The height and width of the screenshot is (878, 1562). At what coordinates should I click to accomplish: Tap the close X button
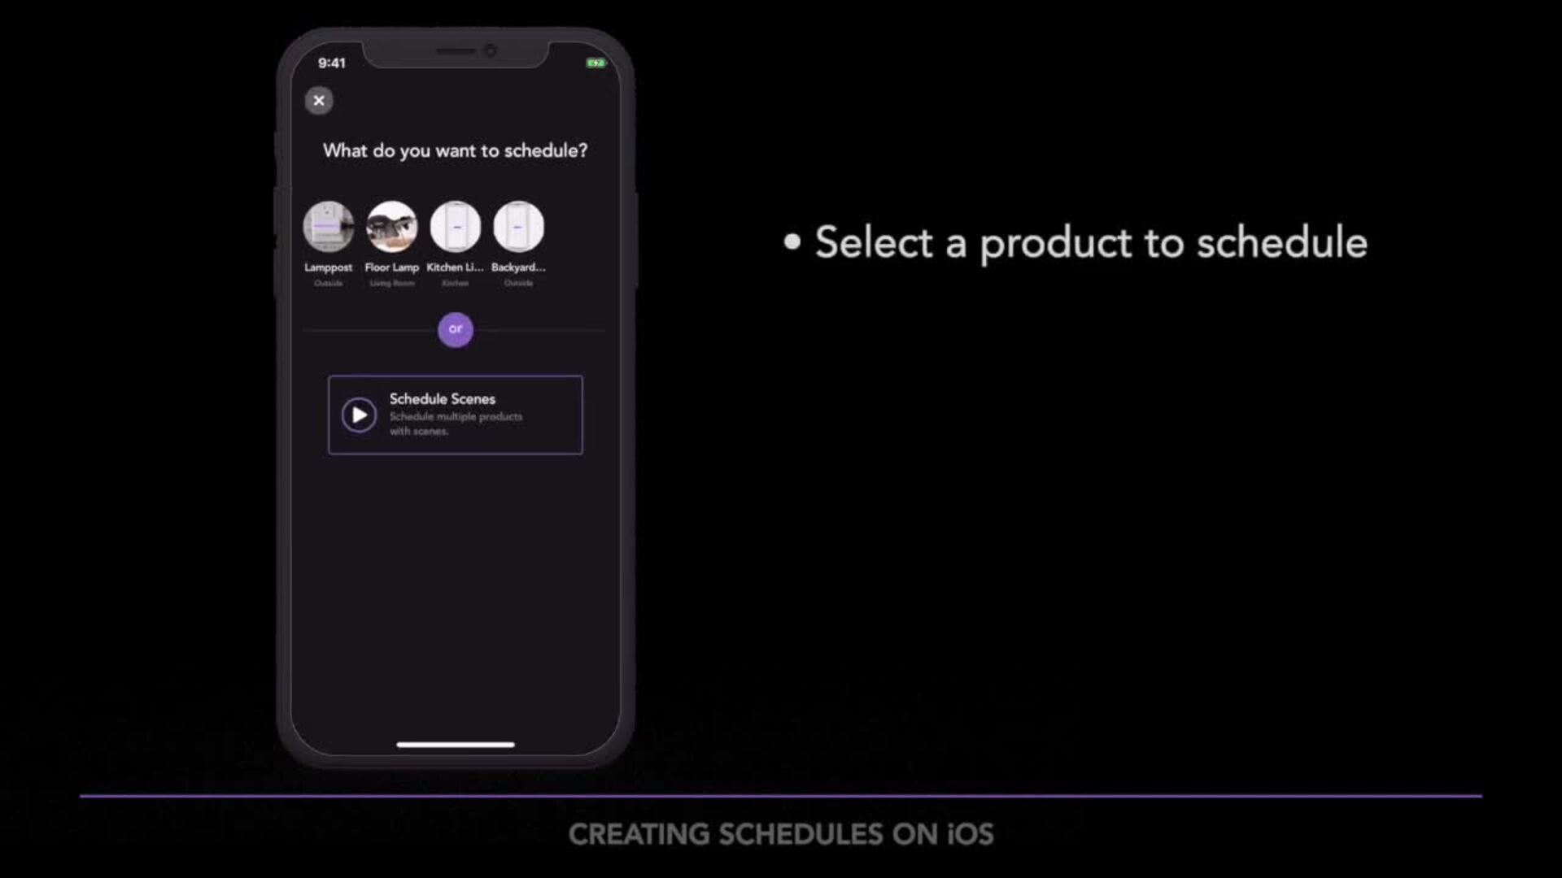click(319, 101)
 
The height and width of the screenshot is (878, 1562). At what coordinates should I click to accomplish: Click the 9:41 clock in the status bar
click(332, 63)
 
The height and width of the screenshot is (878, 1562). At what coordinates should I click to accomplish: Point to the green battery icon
click(596, 63)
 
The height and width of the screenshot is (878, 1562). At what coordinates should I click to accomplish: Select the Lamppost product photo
click(329, 227)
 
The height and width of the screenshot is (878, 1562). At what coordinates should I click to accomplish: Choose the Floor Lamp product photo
click(392, 227)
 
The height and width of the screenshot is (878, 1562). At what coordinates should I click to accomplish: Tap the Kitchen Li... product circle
click(456, 227)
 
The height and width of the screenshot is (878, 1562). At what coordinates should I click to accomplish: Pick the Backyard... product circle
click(519, 227)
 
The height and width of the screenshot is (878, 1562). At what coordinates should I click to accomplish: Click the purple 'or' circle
click(456, 329)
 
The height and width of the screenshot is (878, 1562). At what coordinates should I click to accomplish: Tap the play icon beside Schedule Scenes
click(359, 415)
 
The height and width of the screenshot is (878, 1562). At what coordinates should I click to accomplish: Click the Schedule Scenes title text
click(442, 399)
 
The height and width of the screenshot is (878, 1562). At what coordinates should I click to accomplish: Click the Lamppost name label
click(329, 267)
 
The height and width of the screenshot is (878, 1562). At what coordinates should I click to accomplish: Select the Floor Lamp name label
click(392, 267)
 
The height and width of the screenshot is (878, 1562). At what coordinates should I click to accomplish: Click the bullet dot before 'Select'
click(792, 241)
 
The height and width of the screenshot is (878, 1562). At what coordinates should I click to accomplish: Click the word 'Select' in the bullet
click(874, 243)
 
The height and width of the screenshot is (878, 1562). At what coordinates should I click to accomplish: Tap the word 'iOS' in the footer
click(971, 834)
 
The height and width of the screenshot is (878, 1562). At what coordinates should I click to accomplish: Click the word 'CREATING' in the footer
click(639, 834)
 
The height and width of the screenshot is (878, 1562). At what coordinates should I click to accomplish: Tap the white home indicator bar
click(456, 744)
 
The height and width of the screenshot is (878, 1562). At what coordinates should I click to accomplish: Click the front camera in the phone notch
click(490, 50)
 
